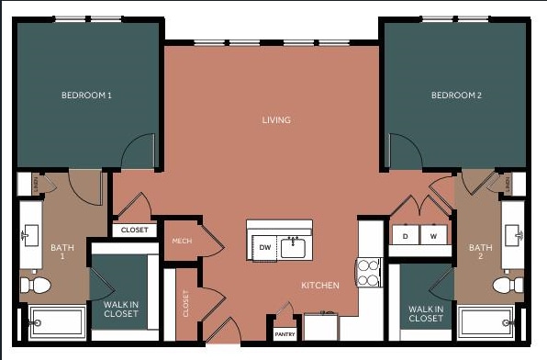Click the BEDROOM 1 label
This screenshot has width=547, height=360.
click(x=86, y=95)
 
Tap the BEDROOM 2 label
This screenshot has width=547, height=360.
click(x=456, y=95)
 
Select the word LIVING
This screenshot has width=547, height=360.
click(x=276, y=120)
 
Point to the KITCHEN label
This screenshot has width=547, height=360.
click(x=320, y=286)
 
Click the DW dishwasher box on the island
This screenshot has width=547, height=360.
click(x=264, y=248)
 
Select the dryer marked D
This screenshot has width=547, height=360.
click(x=405, y=237)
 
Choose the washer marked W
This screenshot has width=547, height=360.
click(x=434, y=237)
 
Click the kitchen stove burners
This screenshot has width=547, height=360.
click(x=369, y=272)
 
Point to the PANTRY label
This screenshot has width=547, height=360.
click(x=285, y=334)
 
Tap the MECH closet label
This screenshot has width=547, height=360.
click(x=182, y=242)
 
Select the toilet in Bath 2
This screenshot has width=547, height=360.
click(x=506, y=284)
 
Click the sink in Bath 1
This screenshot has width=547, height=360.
click(x=29, y=236)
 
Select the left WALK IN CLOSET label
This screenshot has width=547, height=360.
click(x=121, y=309)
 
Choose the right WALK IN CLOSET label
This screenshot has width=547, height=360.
click(x=426, y=314)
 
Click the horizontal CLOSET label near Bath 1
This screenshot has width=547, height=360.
click(x=134, y=230)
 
